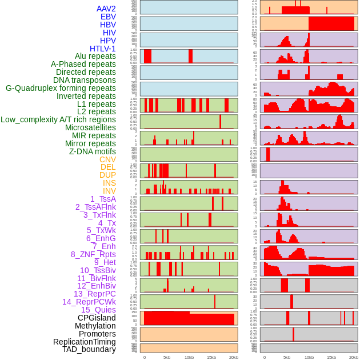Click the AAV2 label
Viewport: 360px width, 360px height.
click(x=106, y=9)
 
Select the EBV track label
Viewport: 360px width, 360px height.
click(x=108, y=17)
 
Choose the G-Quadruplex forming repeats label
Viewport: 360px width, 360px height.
click(x=61, y=89)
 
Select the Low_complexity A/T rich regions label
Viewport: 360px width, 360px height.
click(x=58, y=120)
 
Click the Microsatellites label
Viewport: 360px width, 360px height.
click(x=90, y=128)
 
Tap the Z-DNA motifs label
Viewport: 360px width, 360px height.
click(x=93, y=151)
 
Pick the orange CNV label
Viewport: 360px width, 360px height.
click(x=107, y=159)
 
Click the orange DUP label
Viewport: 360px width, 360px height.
click(x=107, y=175)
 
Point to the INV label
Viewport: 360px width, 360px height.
click(x=109, y=191)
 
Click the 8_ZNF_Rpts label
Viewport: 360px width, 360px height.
click(x=93, y=254)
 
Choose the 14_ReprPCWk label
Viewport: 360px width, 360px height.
click(x=89, y=302)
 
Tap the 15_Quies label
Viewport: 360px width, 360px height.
click(x=98, y=310)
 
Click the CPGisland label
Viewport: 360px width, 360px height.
click(x=97, y=318)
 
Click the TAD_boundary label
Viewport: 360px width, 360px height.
click(x=89, y=349)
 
